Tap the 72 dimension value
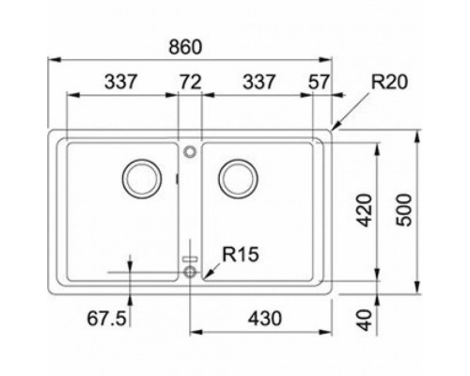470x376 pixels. pos(191,83)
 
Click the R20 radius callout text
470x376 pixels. pos(388,83)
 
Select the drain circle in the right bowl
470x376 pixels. pos(237,176)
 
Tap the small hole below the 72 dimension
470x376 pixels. pos(190,149)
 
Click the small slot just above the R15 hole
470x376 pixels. pos(191,258)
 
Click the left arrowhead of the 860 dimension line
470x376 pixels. pos(51,59)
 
